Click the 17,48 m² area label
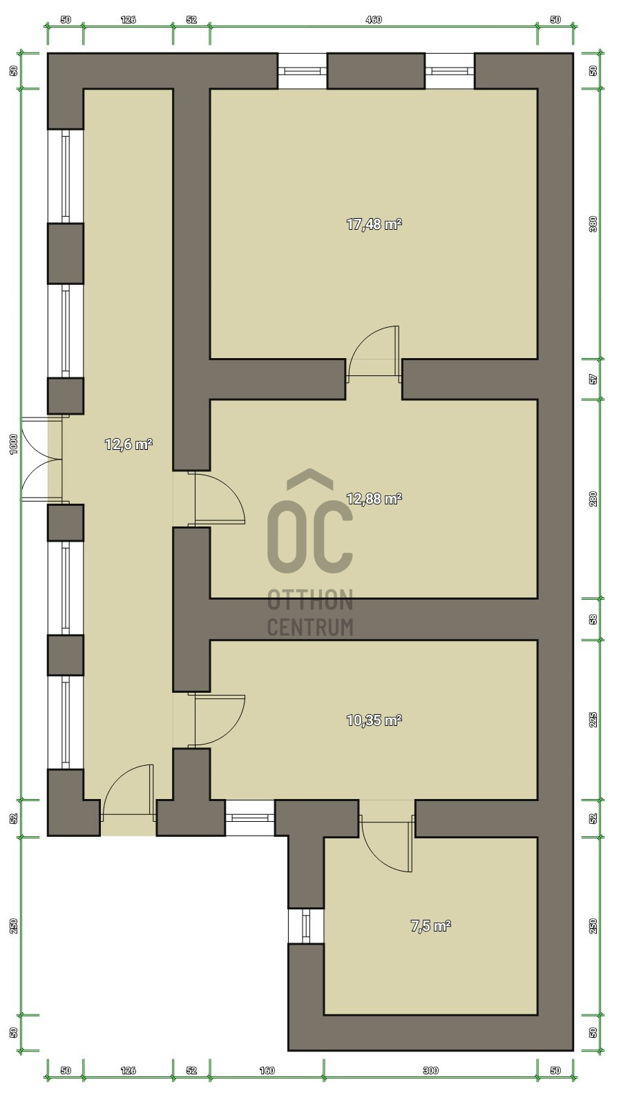[374, 224]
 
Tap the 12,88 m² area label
[374, 499]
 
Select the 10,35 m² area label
[374, 720]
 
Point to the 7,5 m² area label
[430, 926]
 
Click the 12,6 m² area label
[128, 444]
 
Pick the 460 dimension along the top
[374, 20]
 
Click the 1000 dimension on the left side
[14, 444]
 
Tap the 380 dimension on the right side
[593, 224]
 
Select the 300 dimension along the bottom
[430, 1070]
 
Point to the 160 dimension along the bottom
[267, 1070]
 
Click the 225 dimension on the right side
[593, 720]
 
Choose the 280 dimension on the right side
[593, 498]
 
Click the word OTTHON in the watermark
[310, 600]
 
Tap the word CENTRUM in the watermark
[310, 627]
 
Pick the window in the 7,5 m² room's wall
[306, 926]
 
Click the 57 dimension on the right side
[593, 379]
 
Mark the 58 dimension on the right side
[593, 619]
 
